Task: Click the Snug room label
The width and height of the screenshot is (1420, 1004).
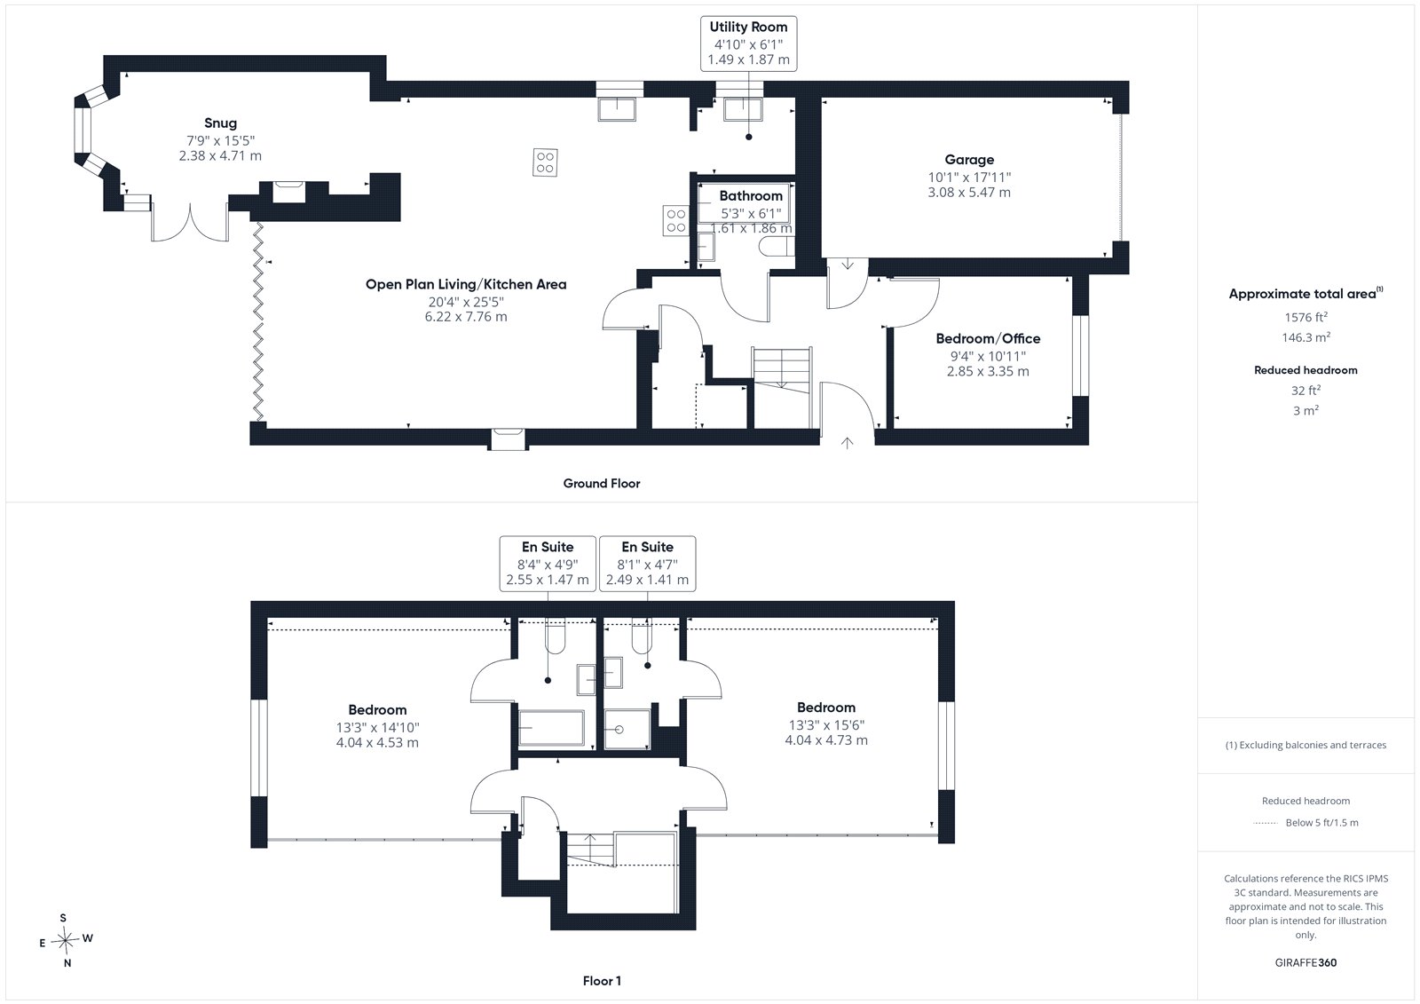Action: tap(220, 123)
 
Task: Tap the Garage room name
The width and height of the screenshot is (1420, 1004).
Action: tap(968, 160)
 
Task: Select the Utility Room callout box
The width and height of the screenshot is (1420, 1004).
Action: tap(748, 43)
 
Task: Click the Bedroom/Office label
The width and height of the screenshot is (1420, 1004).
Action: tap(988, 339)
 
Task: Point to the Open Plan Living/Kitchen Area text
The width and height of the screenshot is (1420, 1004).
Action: tap(466, 284)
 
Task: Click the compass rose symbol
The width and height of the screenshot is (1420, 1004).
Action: tap(66, 940)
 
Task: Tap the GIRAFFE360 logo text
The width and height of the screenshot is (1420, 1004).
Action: tap(1306, 962)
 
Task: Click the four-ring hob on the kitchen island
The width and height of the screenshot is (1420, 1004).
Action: tap(545, 162)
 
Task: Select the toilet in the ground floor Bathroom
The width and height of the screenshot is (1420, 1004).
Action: tap(777, 247)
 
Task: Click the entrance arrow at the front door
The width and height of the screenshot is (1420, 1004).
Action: tap(847, 443)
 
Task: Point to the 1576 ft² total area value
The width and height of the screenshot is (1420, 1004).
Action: tap(1306, 317)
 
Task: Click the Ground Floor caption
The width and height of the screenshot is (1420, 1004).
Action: tap(602, 483)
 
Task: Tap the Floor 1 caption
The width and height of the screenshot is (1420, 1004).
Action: tap(602, 981)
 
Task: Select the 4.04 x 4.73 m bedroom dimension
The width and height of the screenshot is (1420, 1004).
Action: tap(826, 740)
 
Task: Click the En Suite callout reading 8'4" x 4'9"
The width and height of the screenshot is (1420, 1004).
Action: tap(548, 564)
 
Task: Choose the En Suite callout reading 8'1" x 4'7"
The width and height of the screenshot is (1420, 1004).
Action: tap(647, 564)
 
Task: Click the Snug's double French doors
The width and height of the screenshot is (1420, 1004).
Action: tap(190, 222)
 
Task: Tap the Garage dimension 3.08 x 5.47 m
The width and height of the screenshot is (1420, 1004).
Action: tap(968, 192)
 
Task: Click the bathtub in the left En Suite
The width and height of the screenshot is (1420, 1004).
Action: tap(551, 727)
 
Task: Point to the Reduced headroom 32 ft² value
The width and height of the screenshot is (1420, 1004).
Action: tap(1306, 390)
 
